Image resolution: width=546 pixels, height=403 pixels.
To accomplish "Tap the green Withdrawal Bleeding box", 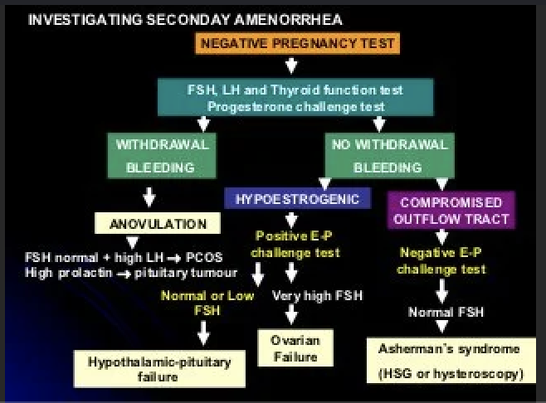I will (162, 155).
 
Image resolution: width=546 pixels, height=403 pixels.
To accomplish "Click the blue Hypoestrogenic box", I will (296, 199).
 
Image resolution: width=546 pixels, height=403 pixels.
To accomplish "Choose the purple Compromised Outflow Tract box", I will (451, 210).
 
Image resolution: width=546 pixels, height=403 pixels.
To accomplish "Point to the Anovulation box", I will (157, 224).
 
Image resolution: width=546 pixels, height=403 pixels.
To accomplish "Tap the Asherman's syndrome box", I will (448, 362).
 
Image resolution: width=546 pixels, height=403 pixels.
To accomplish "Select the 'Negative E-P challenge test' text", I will (441, 261).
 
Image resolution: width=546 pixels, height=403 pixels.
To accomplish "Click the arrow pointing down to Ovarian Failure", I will (291, 314).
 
